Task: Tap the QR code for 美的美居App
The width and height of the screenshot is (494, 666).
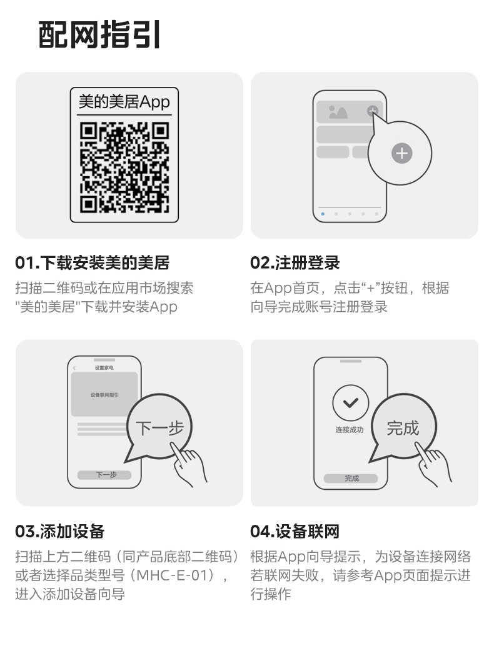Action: [x=124, y=167]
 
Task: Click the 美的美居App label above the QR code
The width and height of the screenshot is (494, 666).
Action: [x=124, y=102]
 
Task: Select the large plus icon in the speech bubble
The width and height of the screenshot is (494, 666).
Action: [x=401, y=152]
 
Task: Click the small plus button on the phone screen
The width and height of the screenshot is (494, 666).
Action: [x=373, y=111]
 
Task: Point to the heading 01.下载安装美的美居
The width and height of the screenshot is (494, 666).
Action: [x=92, y=263]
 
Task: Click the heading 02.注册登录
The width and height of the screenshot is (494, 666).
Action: [x=295, y=263]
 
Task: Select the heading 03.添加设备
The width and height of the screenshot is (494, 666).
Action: [x=59, y=532]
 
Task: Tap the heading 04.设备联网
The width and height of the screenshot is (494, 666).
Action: [x=295, y=532]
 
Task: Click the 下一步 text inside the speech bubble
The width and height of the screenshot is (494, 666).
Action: [x=159, y=429]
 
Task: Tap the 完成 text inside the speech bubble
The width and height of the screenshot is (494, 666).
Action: [x=403, y=429]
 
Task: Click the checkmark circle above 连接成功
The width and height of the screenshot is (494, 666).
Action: [x=350, y=403]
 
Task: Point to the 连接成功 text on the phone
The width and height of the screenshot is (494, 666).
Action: [x=350, y=430]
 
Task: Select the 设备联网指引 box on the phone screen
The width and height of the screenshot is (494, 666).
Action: [x=104, y=395]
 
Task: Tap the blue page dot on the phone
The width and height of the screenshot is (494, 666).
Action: [x=323, y=214]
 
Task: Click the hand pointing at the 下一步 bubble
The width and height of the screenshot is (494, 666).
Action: [x=189, y=465]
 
